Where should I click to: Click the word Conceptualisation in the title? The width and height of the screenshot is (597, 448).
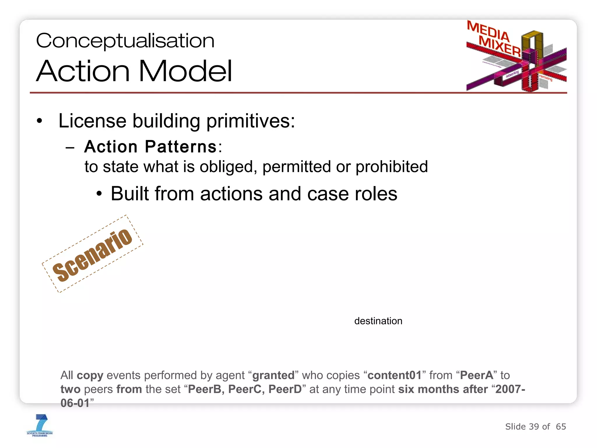tap(125, 41)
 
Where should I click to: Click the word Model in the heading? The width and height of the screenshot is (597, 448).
tap(185, 71)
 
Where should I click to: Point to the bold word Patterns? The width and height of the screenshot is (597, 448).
tap(180, 146)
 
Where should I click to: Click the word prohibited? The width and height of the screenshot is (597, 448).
tap(391, 167)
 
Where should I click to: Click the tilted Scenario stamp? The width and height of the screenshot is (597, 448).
tap(92, 254)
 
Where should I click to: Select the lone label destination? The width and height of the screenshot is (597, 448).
tap(378, 321)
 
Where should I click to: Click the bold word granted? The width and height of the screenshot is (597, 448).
tap(273, 375)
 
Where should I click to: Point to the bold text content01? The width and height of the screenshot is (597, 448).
tap(394, 375)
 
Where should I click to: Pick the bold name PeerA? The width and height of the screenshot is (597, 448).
tap(477, 375)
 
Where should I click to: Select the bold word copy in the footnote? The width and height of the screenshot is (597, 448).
tap(90, 376)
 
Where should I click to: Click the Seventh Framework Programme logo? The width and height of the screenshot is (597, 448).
tap(40, 426)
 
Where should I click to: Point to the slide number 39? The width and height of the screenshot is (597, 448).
tap(534, 427)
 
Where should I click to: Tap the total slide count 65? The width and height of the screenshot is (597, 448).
tap(561, 427)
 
